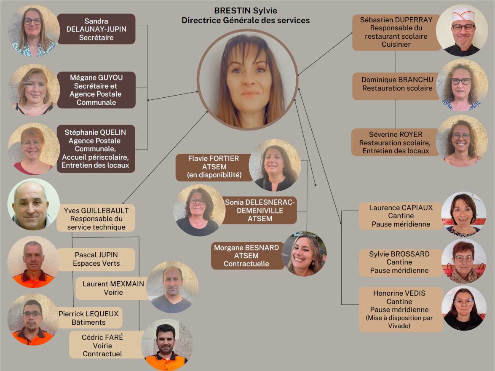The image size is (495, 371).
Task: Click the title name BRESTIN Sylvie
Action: click(246, 11)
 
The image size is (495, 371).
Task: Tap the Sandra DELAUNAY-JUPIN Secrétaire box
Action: click(96, 29)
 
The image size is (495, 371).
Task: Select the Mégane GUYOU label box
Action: click(96, 90)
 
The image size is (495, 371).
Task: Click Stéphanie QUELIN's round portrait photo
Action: click(33, 149)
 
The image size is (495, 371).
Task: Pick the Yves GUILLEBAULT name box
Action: click(96, 218)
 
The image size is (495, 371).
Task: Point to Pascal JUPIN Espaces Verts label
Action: click(96, 259)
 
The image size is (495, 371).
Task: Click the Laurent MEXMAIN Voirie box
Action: click(113, 288)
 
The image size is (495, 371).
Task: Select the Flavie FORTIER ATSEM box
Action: click(213, 166)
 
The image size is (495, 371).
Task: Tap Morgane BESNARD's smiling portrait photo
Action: click(304, 254)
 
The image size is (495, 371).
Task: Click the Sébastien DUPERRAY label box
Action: click(396, 32)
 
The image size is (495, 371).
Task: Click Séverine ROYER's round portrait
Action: click(461, 141)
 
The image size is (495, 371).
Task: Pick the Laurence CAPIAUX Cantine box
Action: click(401, 216)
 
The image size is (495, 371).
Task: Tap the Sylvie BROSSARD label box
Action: click(399, 262)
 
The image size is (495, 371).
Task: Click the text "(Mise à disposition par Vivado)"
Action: click(399, 321)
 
